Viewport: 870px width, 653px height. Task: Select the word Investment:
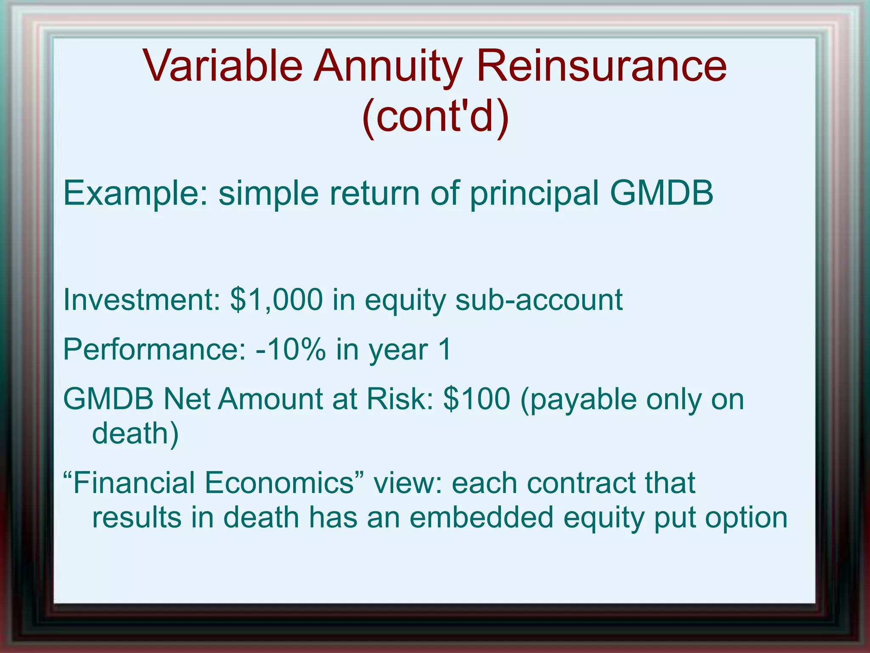coord(141,300)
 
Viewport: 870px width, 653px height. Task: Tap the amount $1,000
coord(276,300)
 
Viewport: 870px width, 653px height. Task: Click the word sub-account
coord(538,300)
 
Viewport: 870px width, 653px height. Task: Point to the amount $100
coord(476,399)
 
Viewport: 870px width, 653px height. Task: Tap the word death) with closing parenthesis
coord(135,434)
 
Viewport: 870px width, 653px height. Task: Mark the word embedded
coord(481,517)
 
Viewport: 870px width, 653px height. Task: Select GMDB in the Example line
coord(661,193)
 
